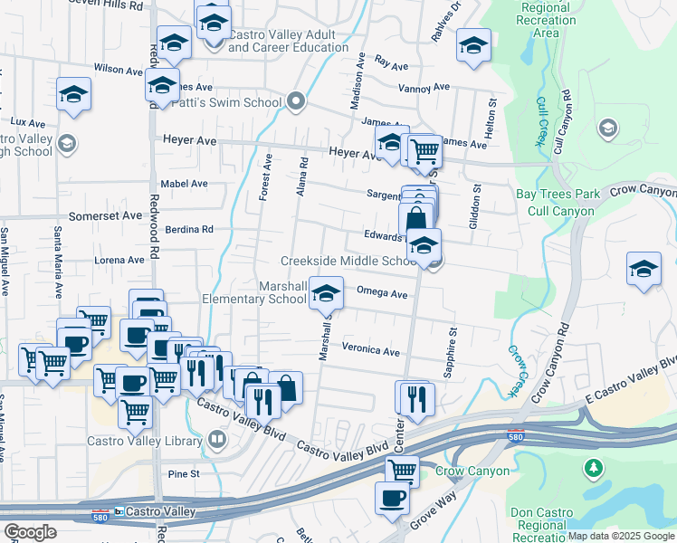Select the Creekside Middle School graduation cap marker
424,245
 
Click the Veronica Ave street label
370,350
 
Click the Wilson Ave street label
119,69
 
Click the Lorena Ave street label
119,260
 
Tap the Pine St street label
183,473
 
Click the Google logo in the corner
30,532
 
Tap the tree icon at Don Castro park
593,468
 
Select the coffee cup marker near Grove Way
392,498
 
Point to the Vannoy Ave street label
425,88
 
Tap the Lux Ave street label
27,122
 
